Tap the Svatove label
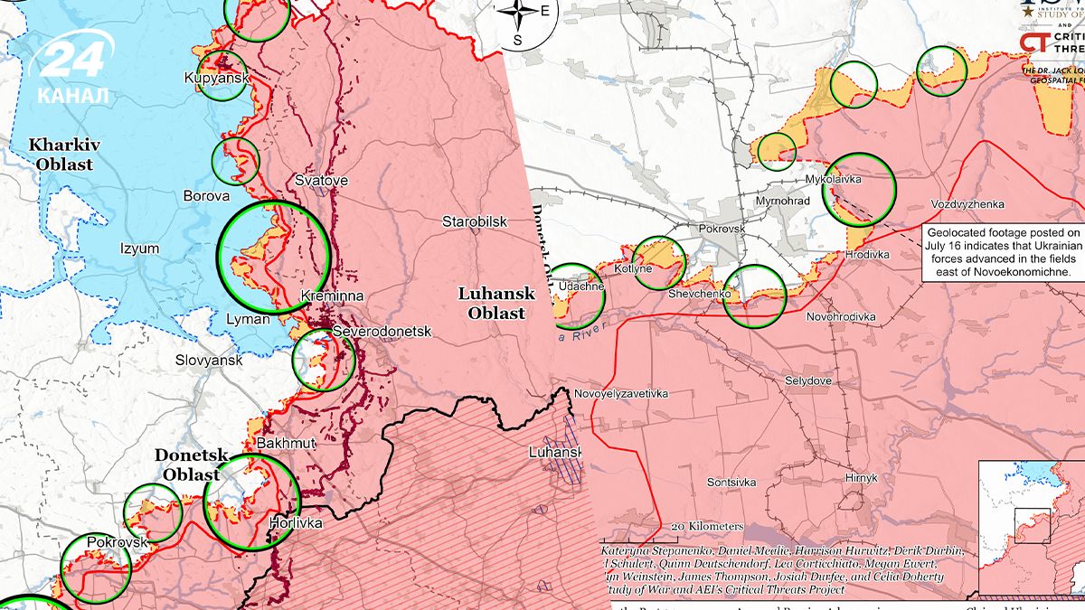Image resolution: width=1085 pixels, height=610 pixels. click(x=321, y=181)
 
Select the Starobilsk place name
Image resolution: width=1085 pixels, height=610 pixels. click(x=475, y=221)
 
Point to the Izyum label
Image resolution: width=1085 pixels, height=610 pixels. click(x=139, y=249)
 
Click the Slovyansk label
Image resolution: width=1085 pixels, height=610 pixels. click(x=209, y=361)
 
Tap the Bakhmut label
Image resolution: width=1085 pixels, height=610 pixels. click(x=286, y=444)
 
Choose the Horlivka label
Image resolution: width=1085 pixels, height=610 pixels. click(x=296, y=522)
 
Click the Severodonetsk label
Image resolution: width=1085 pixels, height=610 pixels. click(x=382, y=333)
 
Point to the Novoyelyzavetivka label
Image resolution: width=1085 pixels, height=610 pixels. click(x=620, y=394)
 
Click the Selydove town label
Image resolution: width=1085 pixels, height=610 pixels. click(x=807, y=381)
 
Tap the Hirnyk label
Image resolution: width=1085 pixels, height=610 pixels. click(x=859, y=477)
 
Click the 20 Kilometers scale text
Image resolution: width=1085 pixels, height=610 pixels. click(x=707, y=526)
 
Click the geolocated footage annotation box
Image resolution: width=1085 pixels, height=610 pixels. click(x=1003, y=252)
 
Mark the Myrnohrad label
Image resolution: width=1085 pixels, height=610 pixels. click(x=782, y=201)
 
